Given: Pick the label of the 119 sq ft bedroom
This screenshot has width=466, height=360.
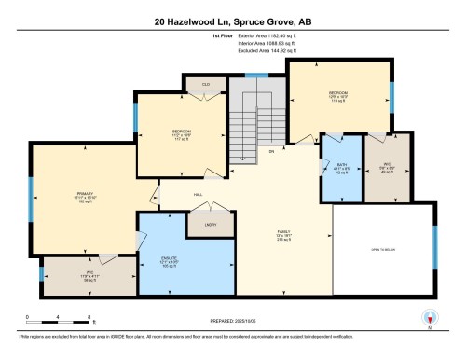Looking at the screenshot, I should [337, 96].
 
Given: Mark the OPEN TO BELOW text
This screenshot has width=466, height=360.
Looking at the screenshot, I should [383, 250].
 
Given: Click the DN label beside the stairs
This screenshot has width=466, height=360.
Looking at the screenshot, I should [271, 150].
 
